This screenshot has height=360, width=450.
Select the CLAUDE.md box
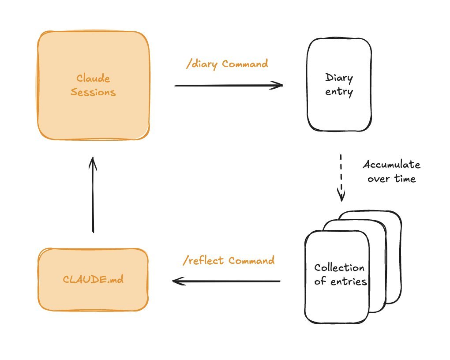point(93,291)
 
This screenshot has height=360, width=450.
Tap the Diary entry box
point(339,110)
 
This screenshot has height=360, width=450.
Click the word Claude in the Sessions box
point(93,79)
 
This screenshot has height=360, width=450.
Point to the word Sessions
point(93,93)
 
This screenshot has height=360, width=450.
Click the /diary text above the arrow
point(202,64)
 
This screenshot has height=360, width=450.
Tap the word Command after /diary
point(245,64)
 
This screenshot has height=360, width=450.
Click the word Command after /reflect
point(251,260)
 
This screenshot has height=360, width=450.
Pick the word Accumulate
point(391,165)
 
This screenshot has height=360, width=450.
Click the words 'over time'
point(391,179)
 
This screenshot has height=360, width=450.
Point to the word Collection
point(339,268)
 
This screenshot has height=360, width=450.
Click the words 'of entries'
point(341,281)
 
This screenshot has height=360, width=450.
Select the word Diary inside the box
point(339,78)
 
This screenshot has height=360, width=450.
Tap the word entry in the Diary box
point(339,92)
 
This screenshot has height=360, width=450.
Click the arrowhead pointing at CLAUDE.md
point(176,281)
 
